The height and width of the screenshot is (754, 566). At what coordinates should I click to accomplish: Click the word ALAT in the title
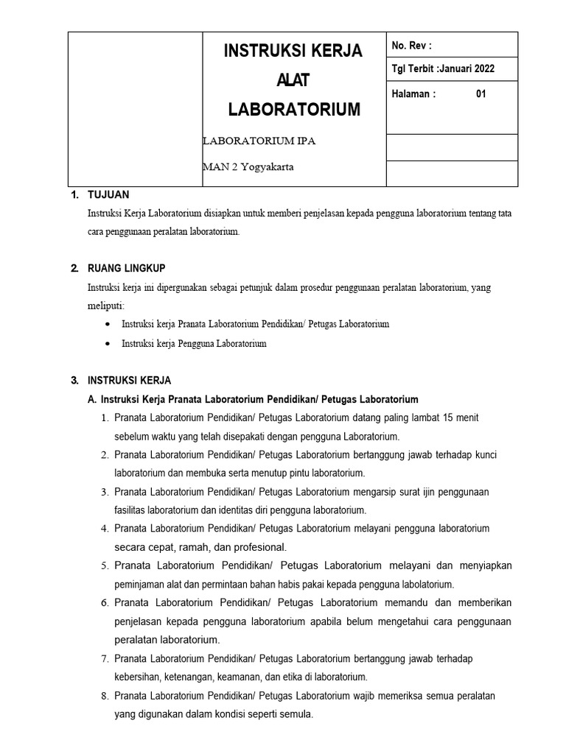coord(293,80)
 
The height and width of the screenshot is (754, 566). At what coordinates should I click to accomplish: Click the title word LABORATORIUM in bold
coord(294,110)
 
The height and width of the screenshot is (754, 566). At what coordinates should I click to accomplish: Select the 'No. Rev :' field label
coord(411,46)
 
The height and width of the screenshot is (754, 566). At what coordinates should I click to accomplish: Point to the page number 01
coord(481,94)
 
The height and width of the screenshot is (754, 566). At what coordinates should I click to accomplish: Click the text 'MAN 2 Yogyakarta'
coord(248,166)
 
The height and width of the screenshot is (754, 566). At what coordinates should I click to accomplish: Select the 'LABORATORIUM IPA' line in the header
coord(259,141)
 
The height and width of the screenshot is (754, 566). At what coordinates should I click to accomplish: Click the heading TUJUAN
coord(108,195)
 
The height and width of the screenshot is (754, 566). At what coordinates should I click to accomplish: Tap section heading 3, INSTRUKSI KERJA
coord(129,381)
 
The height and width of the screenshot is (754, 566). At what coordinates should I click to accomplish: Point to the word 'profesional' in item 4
coord(259,547)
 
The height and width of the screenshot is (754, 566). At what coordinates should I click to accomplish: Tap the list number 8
coord(105,696)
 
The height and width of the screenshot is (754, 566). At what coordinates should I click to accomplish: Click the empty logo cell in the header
coord(135,109)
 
